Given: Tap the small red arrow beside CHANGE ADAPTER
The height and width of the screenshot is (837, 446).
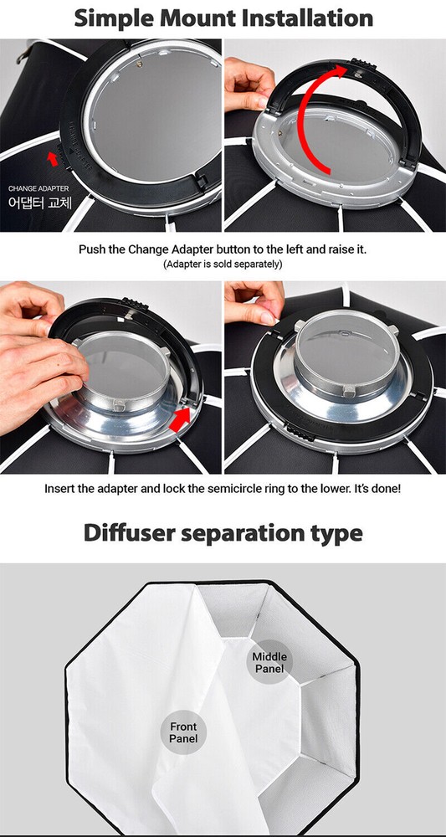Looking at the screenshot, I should point(54,157).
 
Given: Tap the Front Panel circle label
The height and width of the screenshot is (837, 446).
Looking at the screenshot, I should point(183,733).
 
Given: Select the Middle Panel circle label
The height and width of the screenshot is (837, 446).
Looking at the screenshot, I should point(269,662).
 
